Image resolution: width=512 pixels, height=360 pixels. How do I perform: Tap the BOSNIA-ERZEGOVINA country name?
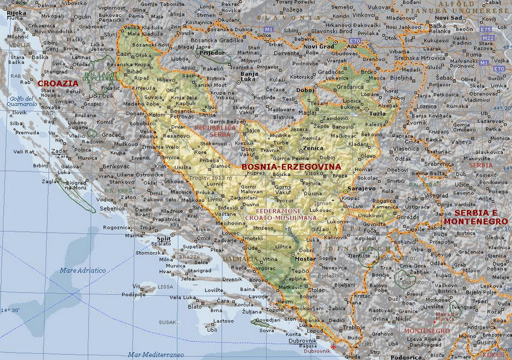coord(291,167)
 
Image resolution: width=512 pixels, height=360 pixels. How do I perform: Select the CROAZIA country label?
coord(58,84)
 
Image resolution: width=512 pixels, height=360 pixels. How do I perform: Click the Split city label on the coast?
coord(164,238)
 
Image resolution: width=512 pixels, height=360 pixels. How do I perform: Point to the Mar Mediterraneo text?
coord(156,355)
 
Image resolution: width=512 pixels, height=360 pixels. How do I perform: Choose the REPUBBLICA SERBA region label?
coord(214,132)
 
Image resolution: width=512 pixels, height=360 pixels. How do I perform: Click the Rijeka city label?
coord(16,13)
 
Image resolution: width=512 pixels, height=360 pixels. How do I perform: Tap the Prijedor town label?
coord(211,52)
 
